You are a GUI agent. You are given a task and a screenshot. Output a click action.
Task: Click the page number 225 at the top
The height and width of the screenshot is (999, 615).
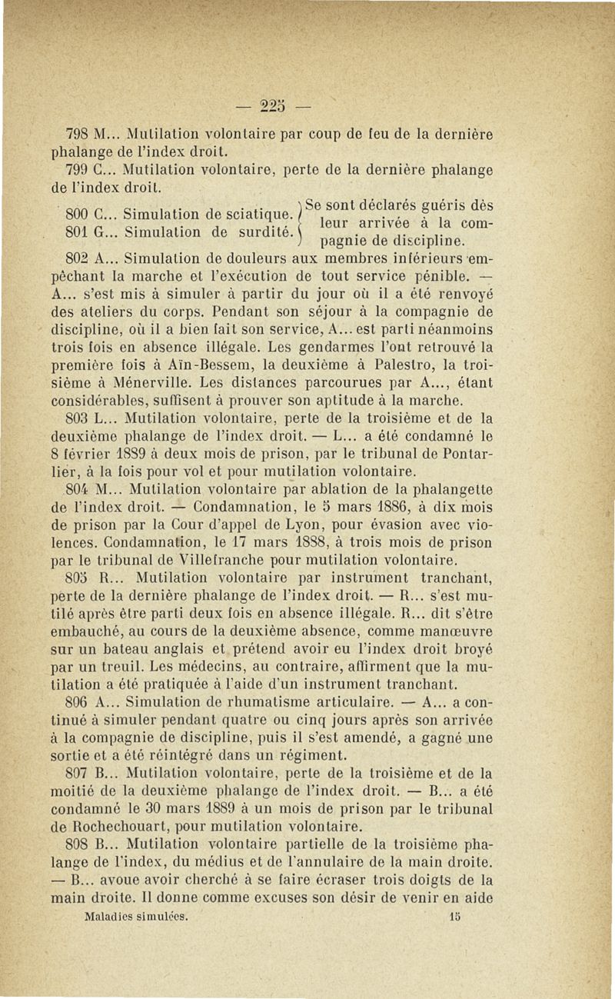[x=307, y=103]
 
